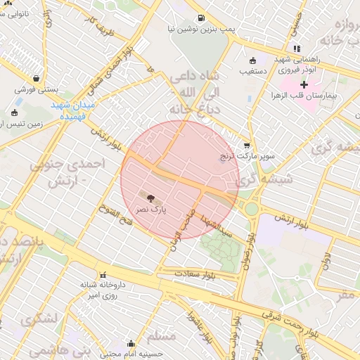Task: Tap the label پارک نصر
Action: [x=152, y=210]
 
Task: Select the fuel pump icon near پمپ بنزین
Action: [x=202, y=18]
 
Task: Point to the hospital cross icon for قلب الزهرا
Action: [x=304, y=84]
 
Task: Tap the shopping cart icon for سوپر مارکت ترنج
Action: [x=246, y=144]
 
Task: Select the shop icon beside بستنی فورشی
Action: [x=35, y=79]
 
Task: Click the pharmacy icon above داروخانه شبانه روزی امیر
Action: [x=103, y=275]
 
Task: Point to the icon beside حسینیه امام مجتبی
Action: [x=131, y=343]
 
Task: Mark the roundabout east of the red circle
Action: [x=251, y=208]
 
